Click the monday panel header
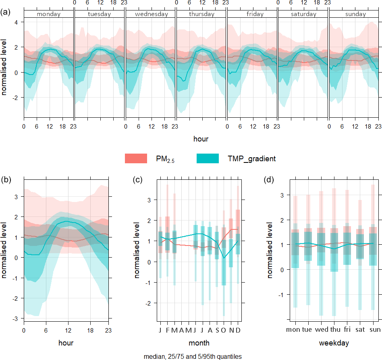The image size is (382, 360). click(49, 14)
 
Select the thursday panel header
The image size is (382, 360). click(201, 14)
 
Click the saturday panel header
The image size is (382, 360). click(303, 14)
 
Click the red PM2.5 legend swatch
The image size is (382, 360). click(137, 159)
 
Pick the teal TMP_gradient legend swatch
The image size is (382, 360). click(208, 159)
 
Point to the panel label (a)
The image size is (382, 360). click(6, 12)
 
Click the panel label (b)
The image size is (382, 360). click(6, 180)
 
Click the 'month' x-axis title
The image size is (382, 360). click(199, 343)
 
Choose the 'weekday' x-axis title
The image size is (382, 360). click(334, 343)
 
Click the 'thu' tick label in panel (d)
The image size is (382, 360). click(334, 330)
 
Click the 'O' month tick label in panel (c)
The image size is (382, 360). click(224, 330)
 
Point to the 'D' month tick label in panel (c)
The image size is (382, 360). click(238, 330)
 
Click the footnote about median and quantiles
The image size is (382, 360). click(193, 356)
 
